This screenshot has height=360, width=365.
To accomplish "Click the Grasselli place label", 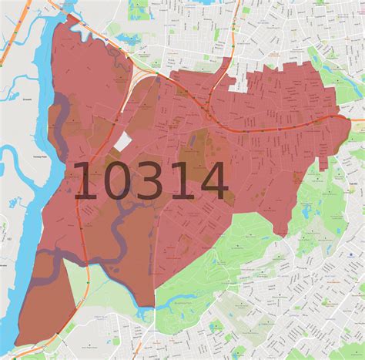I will (9, 101).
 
